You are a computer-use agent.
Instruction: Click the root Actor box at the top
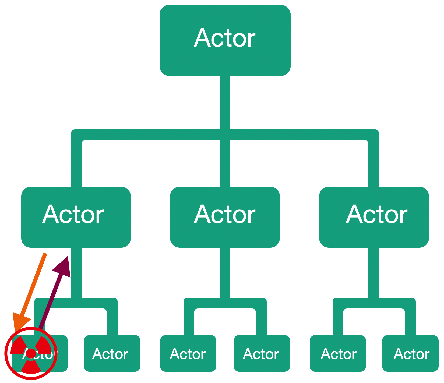(225, 40)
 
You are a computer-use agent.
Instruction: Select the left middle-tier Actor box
(76, 217)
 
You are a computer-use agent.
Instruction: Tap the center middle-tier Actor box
(225, 217)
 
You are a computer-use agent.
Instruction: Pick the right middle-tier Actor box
(374, 217)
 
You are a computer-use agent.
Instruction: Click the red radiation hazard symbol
(31, 353)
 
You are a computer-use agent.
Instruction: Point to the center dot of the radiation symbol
(31, 353)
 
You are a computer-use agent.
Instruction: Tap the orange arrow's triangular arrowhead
(21, 321)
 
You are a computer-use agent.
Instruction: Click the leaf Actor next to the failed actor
(112, 353)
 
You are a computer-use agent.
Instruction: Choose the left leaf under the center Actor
(188, 353)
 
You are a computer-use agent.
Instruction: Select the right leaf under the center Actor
(262, 353)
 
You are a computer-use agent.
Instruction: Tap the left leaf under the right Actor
(338, 353)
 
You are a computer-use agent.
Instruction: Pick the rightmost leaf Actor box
(410, 353)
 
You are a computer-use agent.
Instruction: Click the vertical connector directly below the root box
(225, 102)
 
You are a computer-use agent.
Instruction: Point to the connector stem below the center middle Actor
(225, 272)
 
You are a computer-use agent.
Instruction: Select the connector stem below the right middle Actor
(373, 272)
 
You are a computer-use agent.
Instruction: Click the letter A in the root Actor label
(202, 38)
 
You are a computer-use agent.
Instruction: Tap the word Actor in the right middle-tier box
(376, 215)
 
